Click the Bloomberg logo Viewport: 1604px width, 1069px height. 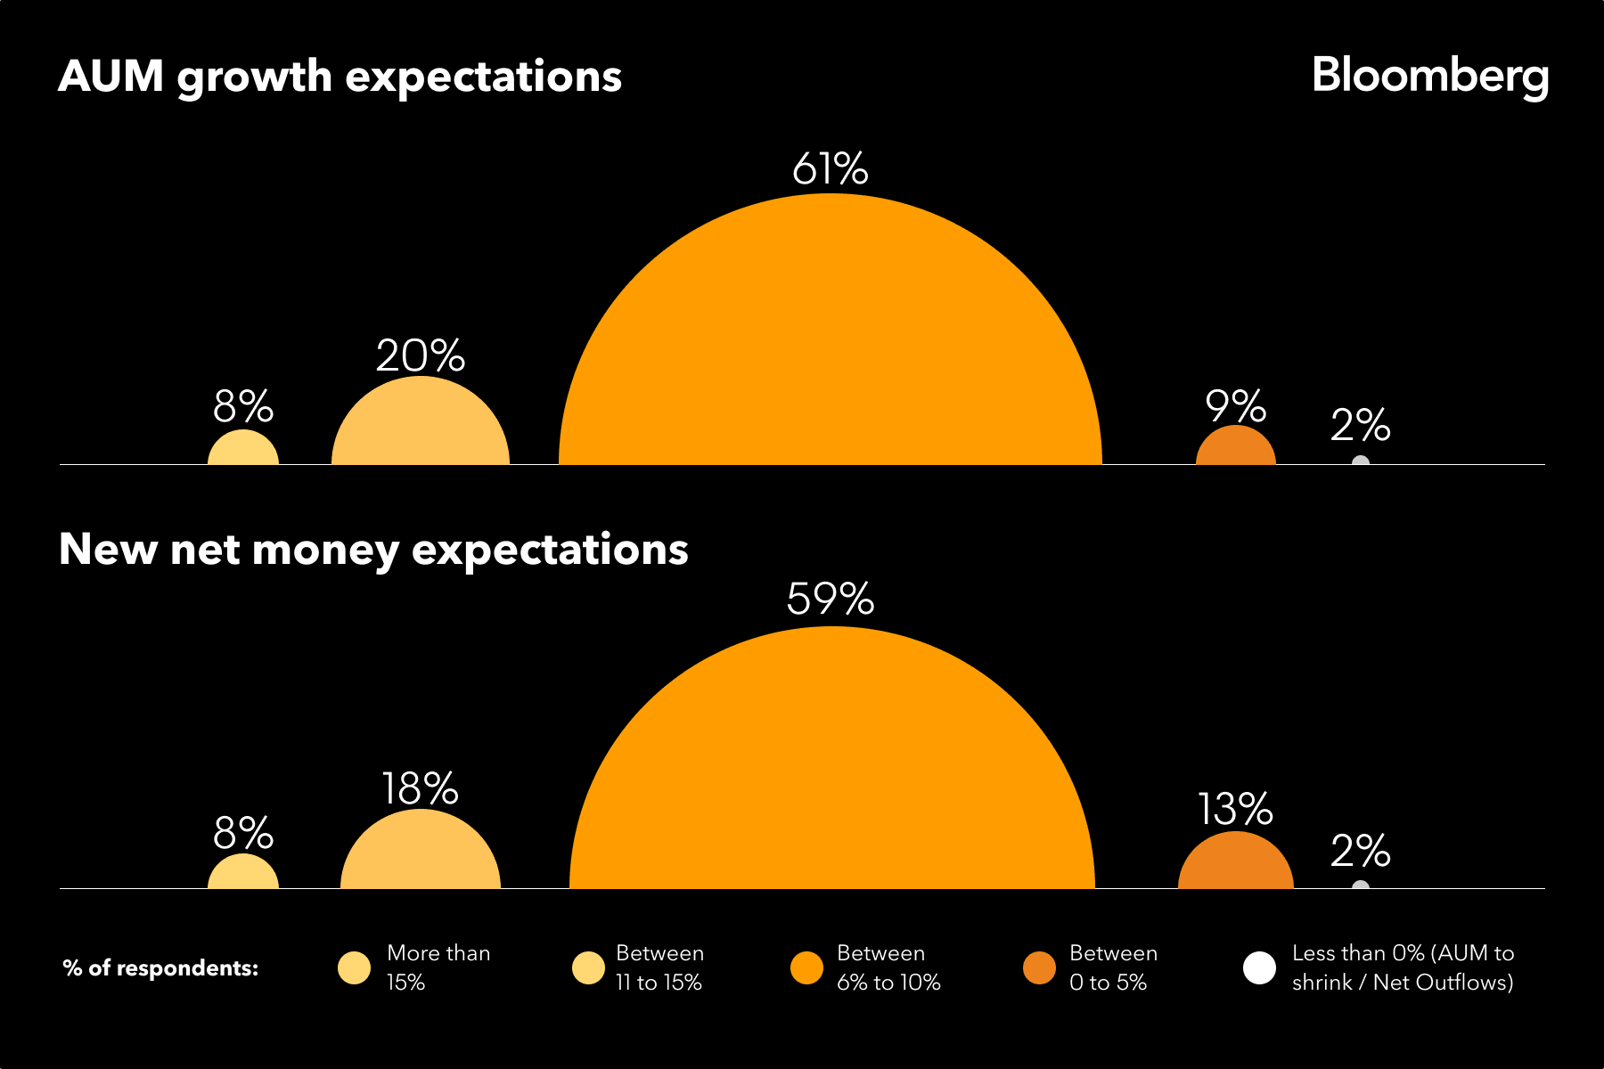[x=1429, y=77]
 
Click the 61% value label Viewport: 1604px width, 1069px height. [x=830, y=168]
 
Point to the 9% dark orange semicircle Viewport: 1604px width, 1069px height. [x=1235, y=448]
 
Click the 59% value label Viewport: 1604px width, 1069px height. [x=830, y=599]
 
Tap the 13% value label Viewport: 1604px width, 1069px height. [x=1235, y=809]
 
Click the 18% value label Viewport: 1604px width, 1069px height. [x=420, y=788]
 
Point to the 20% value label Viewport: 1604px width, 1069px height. [x=420, y=355]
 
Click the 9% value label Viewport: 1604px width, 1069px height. [x=1235, y=406]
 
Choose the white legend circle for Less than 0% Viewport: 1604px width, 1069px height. [x=1259, y=967]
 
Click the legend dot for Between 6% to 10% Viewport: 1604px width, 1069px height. [x=806, y=967]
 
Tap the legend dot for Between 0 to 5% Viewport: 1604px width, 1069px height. [x=1039, y=967]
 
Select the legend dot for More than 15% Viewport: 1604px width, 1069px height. [x=354, y=967]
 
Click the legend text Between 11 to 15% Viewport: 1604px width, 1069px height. [x=659, y=967]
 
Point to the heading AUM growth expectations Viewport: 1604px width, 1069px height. [x=340, y=77]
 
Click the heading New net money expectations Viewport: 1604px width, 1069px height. [x=373, y=549]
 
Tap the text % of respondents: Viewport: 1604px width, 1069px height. [x=160, y=968]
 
